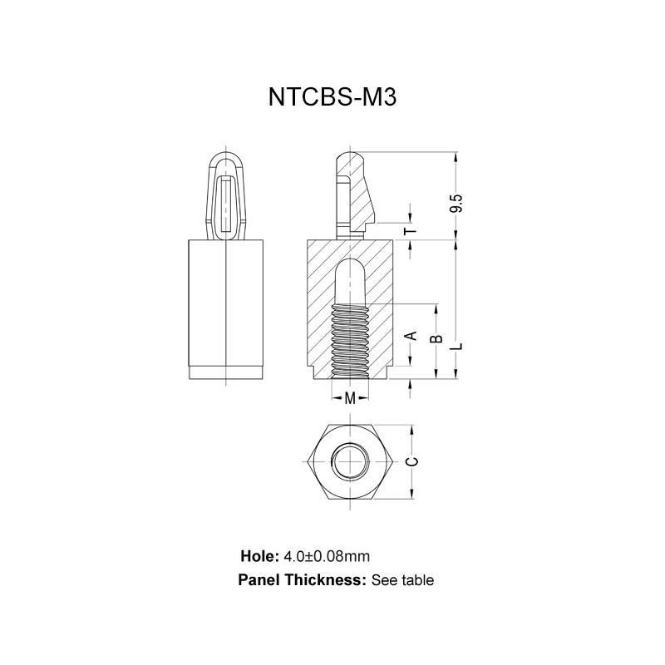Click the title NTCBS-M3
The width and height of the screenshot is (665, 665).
pos(332,97)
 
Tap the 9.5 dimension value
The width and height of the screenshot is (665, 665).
pos(455,204)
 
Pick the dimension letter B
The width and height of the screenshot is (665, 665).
pos(433,339)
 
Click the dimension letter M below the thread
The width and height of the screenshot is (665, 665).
pos(350,398)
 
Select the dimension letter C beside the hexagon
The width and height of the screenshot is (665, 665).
pos(410,462)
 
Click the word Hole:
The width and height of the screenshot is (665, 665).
pos(259,555)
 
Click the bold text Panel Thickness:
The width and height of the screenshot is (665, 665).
pos(302,580)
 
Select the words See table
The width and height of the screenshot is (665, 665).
pos(402,580)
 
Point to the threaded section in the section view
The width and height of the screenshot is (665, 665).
pos(350,337)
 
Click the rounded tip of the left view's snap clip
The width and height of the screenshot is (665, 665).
pos(226,155)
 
